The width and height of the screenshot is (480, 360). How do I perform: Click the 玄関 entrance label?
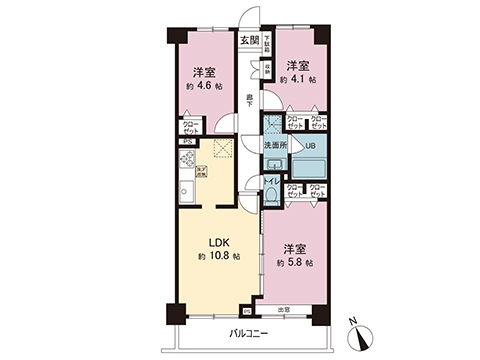pos(249,40)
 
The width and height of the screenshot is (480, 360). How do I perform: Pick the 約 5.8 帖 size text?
pos(293,262)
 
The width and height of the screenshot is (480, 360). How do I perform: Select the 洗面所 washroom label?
pos(275,145)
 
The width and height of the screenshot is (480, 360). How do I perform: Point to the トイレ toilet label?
pos(270,181)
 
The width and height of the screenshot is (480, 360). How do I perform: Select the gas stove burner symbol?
pos(186,160)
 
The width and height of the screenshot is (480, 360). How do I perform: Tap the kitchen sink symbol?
pos(186,192)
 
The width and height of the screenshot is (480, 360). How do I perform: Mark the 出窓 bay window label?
pos(283,309)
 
